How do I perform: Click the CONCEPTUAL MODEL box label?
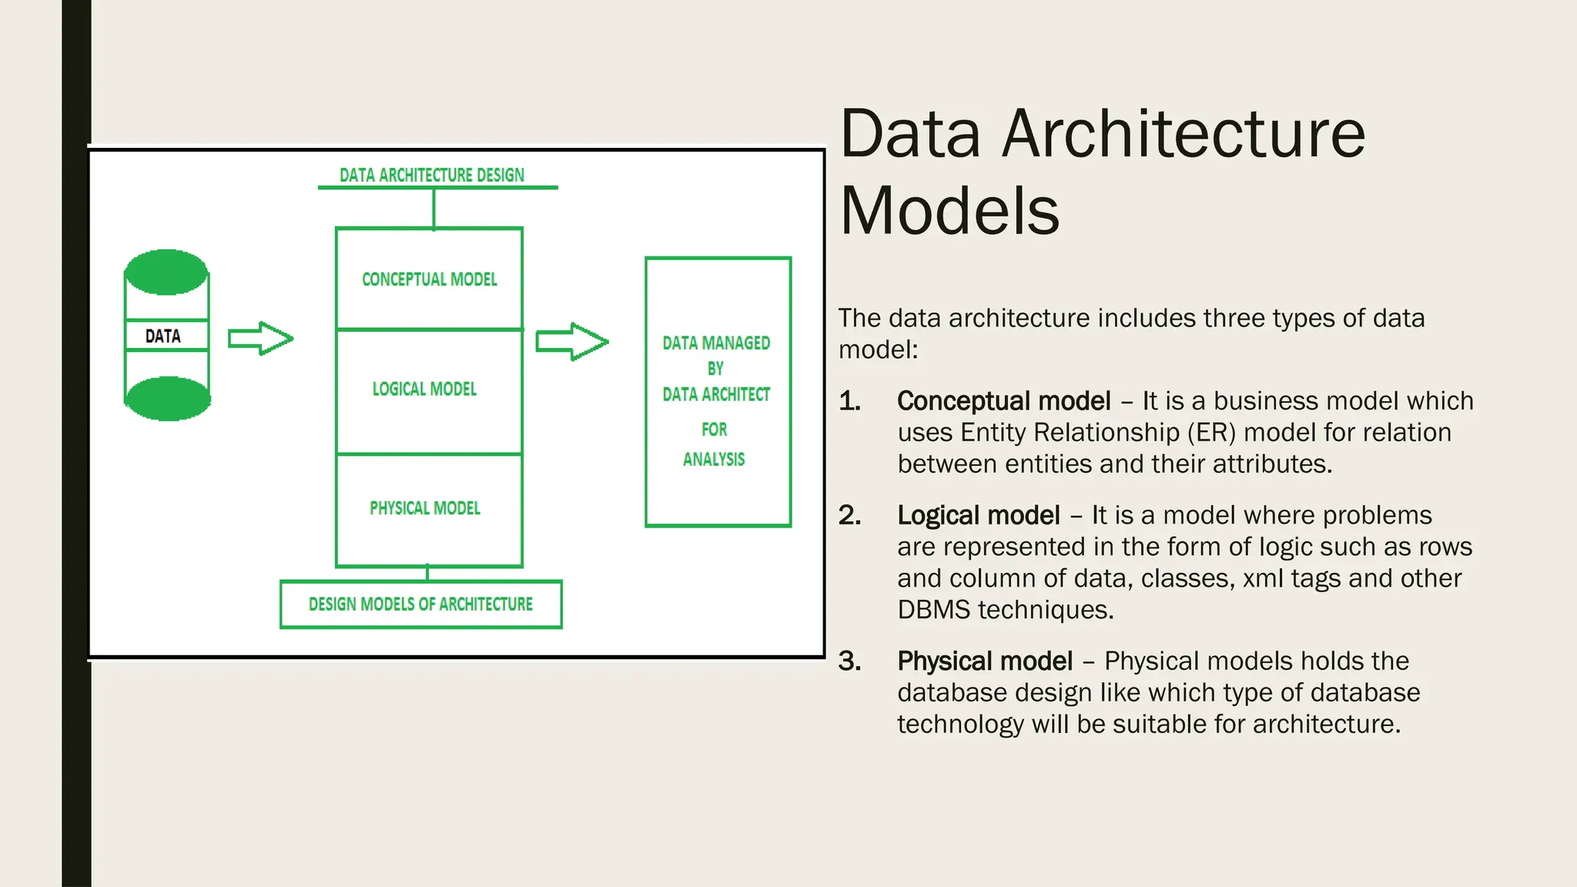tap(430, 279)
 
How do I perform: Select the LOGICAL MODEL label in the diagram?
tap(424, 390)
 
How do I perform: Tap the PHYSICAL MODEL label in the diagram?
tap(425, 508)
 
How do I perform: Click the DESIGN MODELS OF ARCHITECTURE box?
tap(420, 604)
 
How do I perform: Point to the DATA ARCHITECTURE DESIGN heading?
tap(432, 176)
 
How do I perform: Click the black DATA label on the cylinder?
tap(163, 336)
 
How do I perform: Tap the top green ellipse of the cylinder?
tap(166, 273)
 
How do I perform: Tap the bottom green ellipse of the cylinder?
tap(167, 399)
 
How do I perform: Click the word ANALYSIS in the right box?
tap(714, 460)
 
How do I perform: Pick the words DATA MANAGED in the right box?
tap(716, 343)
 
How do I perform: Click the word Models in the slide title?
tap(949, 211)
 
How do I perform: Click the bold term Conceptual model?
tap(1003, 401)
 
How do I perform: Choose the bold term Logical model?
tap(979, 515)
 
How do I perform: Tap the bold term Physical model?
tap(985, 661)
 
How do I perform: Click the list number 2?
tap(849, 515)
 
